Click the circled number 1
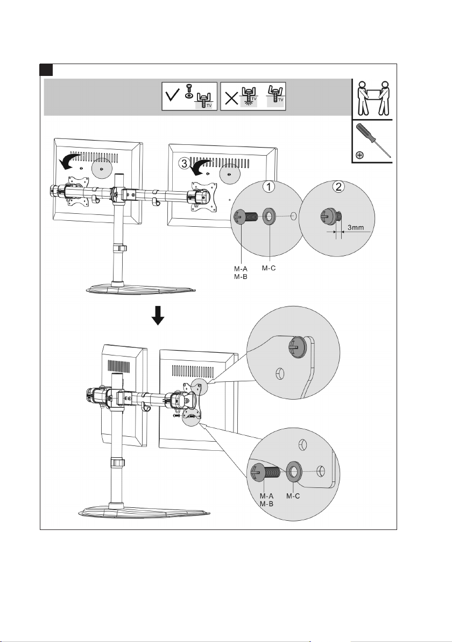269,187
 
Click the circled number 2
338,187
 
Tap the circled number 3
184,163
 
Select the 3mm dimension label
356,227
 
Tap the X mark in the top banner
231,98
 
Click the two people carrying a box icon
372,98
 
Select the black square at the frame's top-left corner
46,69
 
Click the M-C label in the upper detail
269,268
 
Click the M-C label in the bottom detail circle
293,496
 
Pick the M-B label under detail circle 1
241,276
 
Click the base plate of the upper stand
141,289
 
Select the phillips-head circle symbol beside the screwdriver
359,155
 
